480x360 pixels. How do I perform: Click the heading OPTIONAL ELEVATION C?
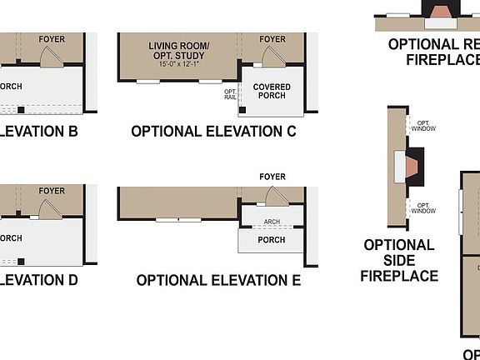pos(213,132)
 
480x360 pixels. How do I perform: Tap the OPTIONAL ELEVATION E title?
pos(218,281)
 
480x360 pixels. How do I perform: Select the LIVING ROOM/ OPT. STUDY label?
pos(179,50)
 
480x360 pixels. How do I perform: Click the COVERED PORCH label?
pos(272,91)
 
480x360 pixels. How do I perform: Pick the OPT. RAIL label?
pos(230,94)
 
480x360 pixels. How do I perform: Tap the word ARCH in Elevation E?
pos(272,222)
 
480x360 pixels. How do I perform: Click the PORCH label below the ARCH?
pos(272,240)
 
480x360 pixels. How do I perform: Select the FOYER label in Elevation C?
pos(272,39)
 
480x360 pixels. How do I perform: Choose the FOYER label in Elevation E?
pos(272,177)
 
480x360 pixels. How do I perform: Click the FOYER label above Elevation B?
pos(52,39)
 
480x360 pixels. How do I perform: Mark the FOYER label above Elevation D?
pos(52,191)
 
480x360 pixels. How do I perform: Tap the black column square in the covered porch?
pos(243,109)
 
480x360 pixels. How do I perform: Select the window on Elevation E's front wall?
pos(178,220)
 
